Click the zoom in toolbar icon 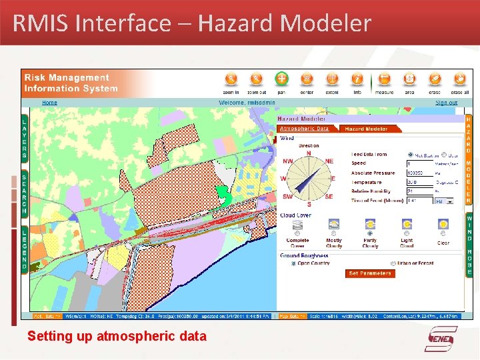(231, 79)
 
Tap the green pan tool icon (281, 79)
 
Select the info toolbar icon (357, 79)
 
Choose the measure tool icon (384, 79)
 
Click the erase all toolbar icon (460, 79)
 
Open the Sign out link (446, 103)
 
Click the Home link (50, 103)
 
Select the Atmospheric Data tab (304, 129)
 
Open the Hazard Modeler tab (366, 129)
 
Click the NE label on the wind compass (329, 161)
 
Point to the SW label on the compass (288, 197)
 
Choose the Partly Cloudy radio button (369, 233)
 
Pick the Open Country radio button (293, 263)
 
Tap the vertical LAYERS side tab (25, 138)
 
